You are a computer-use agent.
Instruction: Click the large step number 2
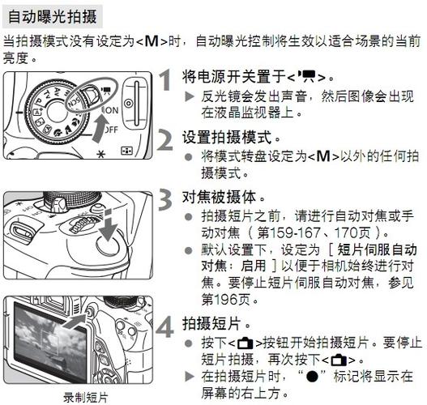(x=164, y=139)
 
